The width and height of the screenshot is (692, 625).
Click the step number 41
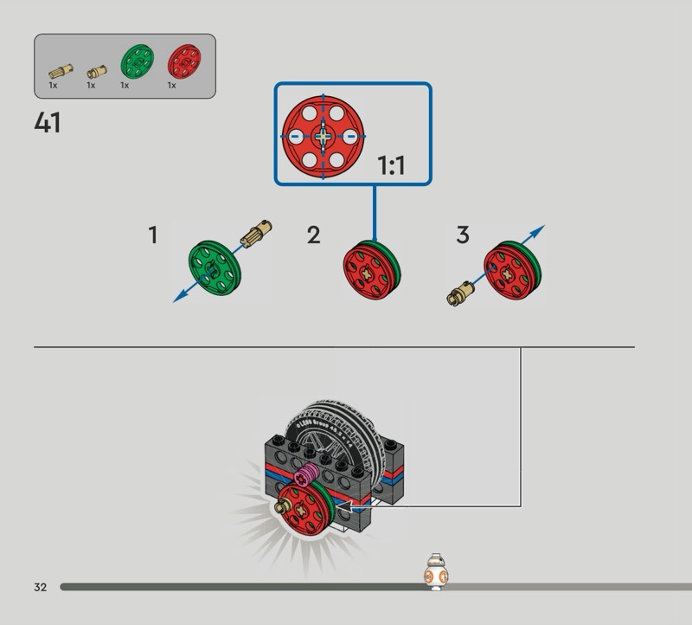tap(48, 124)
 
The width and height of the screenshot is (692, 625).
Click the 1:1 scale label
tap(391, 165)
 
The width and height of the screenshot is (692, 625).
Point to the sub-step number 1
tap(153, 235)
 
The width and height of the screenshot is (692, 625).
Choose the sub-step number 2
tap(313, 235)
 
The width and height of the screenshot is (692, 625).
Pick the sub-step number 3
tap(463, 235)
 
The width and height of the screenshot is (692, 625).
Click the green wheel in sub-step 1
tap(214, 267)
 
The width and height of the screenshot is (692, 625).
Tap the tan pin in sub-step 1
tap(257, 234)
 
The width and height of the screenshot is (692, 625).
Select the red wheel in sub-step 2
tap(373, 271)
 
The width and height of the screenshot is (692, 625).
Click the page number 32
tap(41, 587)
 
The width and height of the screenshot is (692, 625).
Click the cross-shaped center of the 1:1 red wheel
tap(324, 136)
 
